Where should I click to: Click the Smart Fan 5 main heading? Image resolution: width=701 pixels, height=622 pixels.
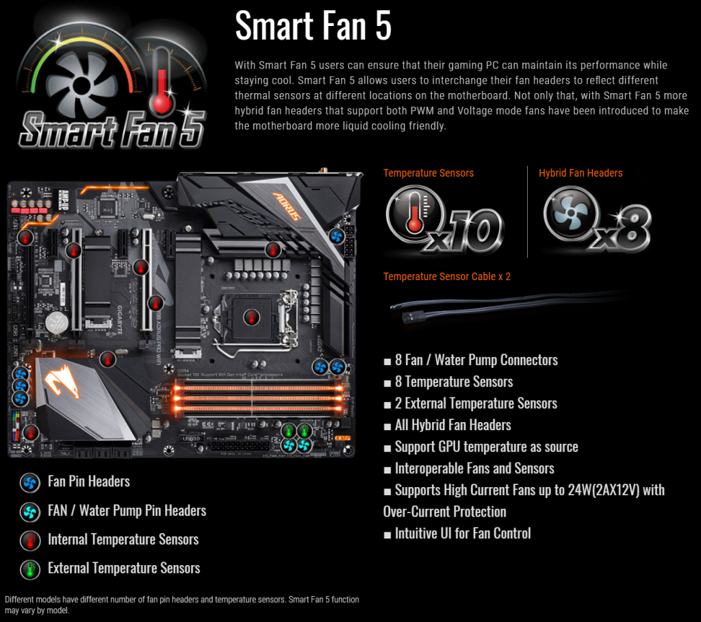click(x=313, y=27)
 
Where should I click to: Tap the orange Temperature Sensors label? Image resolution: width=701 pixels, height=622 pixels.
click(x=428, y=173)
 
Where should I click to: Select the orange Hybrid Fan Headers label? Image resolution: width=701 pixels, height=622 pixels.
click(x=581, y=173)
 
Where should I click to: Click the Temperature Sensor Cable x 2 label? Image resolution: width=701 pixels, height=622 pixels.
click(x=446, y=277)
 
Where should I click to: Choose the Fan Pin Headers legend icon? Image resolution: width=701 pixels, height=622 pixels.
click(x=29, y=482)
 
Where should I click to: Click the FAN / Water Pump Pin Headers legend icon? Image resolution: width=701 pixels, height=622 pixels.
click(x=29, y=511)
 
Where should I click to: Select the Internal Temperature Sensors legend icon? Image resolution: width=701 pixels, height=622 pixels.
click(x=29, y=540)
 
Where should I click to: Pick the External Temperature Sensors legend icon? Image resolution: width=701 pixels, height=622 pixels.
click(x=29, y=569)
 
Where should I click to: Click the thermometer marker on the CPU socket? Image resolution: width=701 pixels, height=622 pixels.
click(x=251, y=317)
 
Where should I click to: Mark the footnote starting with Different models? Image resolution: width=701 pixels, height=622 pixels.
click(x=181, y=604)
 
